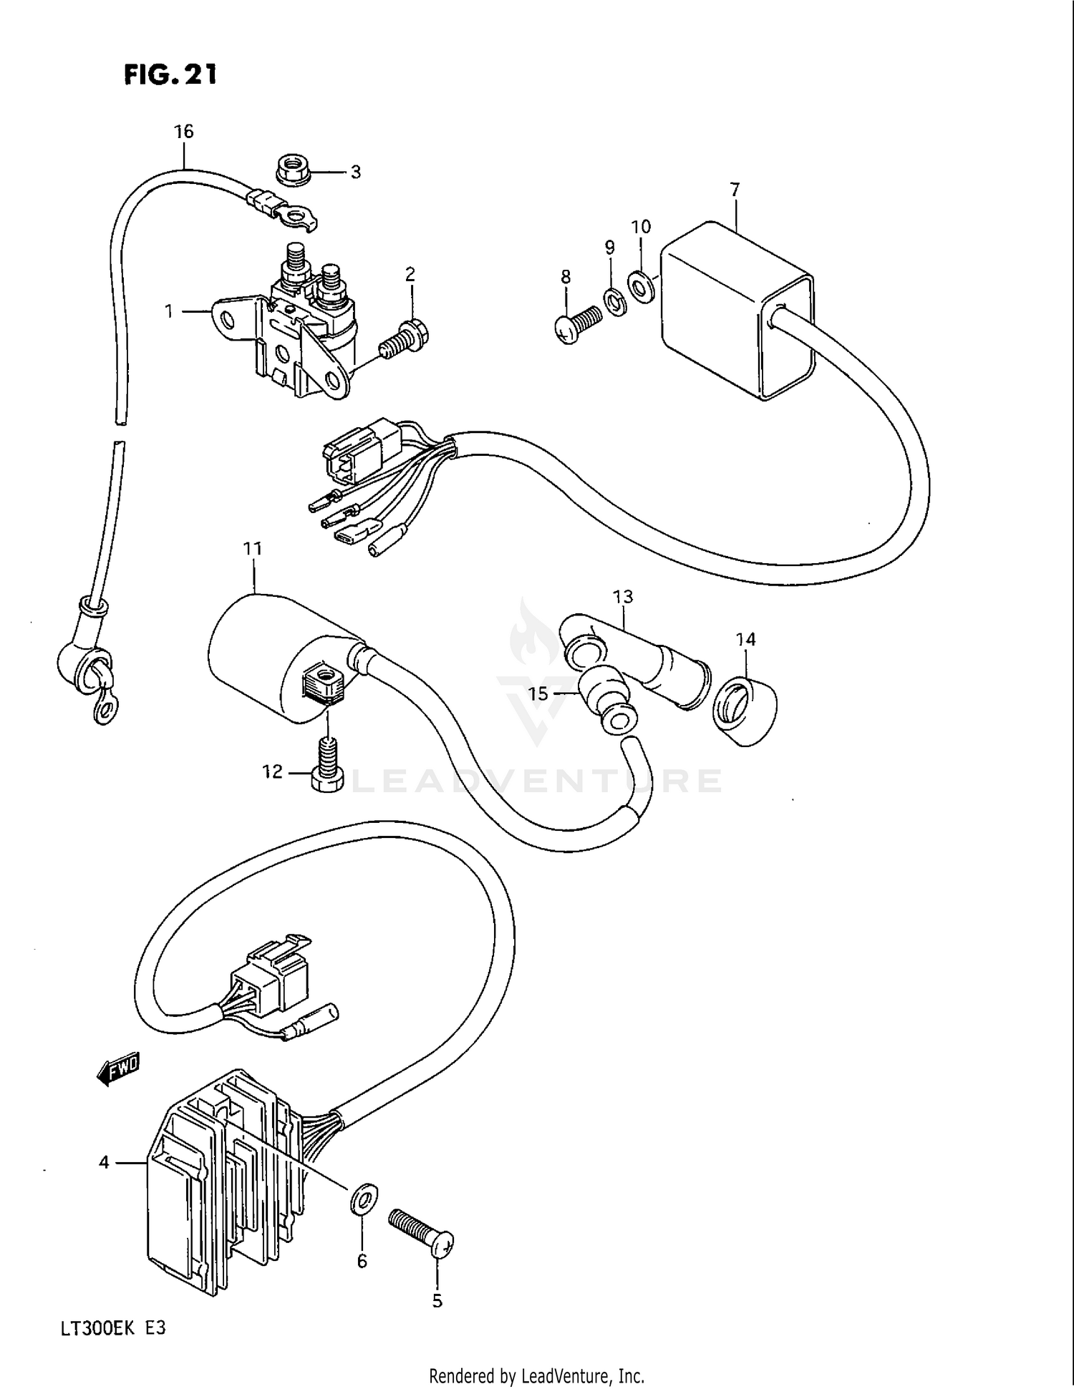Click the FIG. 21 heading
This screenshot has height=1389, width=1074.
[170, 74]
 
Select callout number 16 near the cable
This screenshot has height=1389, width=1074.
[184, 132]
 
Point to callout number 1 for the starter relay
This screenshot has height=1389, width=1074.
[169, 312]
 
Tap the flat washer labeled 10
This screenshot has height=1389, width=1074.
[640, 286]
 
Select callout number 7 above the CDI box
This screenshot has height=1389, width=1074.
[735, 190]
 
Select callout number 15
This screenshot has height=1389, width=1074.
[538, 693]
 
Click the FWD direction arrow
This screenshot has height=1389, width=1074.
[119, 1069]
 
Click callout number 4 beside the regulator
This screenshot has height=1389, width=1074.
[105, 1163]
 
